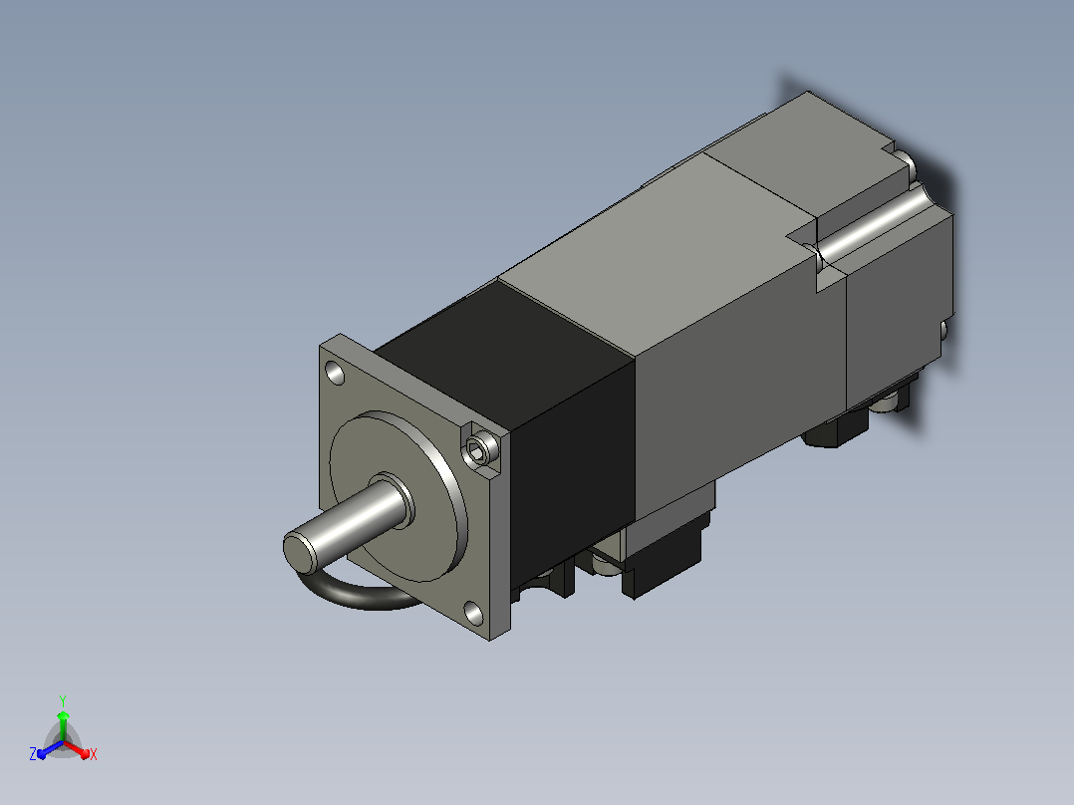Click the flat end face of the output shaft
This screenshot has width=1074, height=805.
(298, 553)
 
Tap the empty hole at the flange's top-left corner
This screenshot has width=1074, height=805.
(335, 374)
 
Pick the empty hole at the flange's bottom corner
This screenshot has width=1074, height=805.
(473, 613)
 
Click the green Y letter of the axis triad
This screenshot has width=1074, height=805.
(63, 700)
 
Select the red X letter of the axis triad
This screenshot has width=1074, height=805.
(94, 755)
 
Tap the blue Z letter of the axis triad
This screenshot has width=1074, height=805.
(32, 754)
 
